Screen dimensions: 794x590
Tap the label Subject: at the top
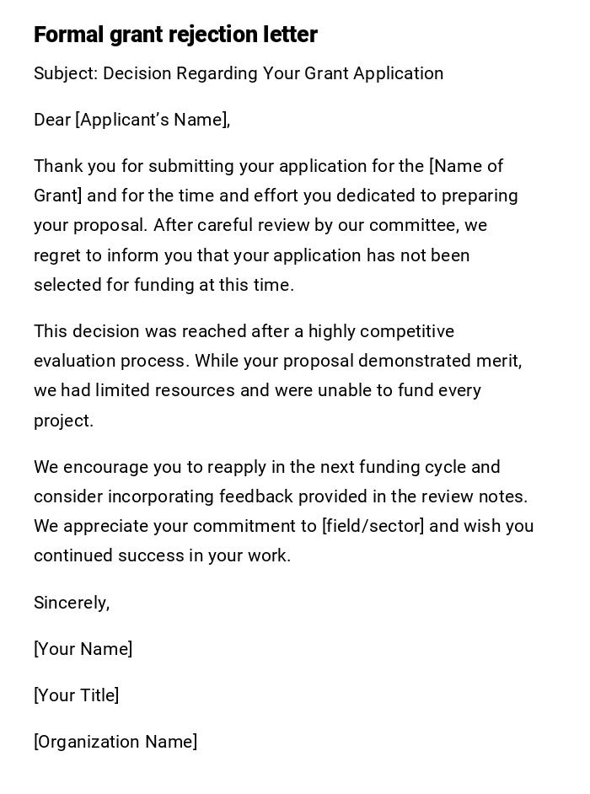click(66, 73)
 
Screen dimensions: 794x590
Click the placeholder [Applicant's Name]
click(153, 120)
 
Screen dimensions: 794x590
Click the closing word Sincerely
click(71, 603)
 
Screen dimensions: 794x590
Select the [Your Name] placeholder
click(83, 649)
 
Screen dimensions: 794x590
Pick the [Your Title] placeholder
click(76, 695)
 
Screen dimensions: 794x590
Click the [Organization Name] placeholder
click(115, 742)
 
